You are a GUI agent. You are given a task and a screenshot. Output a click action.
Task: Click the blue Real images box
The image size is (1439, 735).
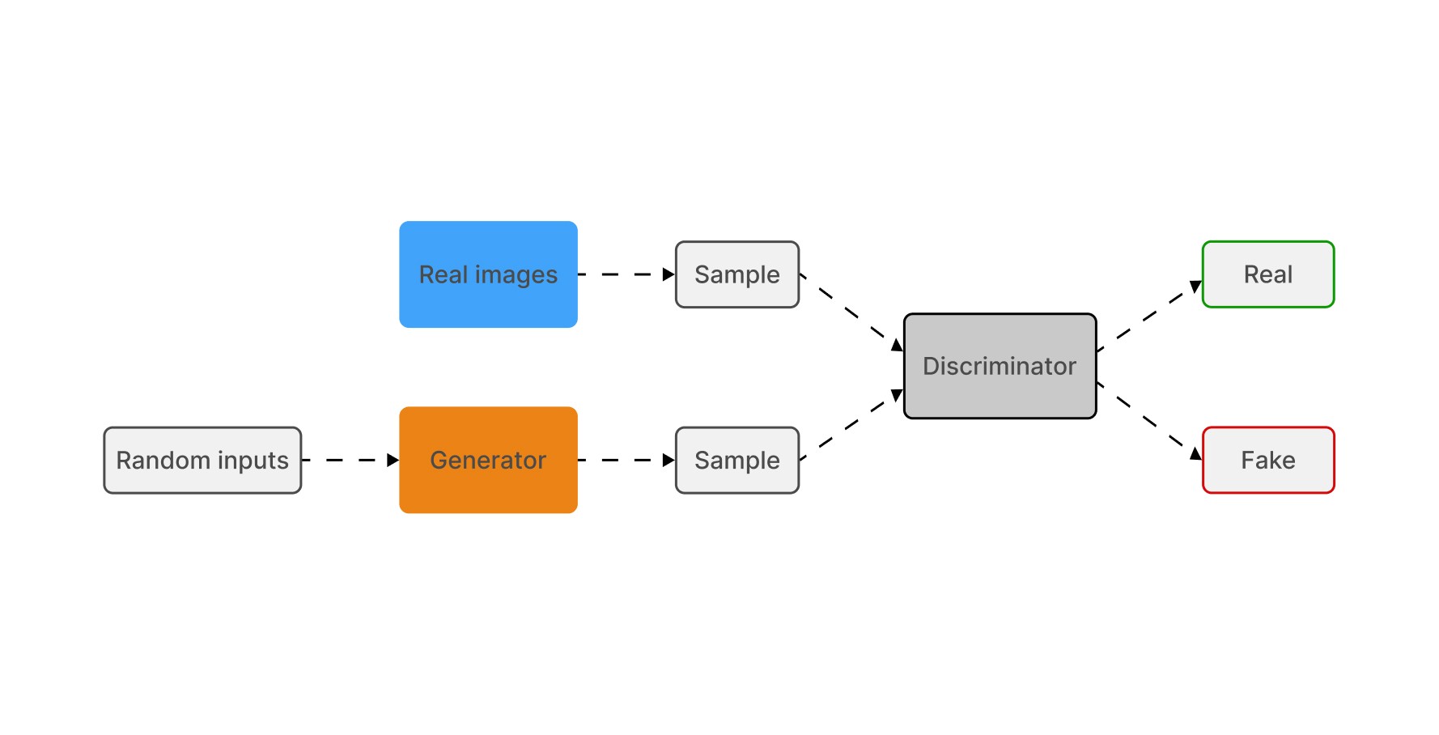point(488,274)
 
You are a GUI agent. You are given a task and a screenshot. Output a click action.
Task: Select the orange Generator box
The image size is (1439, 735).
point(488,460)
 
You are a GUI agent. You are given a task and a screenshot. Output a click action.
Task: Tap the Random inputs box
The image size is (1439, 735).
point(202,460)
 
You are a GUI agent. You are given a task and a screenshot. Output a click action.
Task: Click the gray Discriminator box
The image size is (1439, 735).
point(1000,366)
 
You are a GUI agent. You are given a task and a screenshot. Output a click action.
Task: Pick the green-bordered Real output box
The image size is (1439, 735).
point(1268,274)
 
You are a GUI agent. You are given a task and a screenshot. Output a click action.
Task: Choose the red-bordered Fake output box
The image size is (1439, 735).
point(1268,460)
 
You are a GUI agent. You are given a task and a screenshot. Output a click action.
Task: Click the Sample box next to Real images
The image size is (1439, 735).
point(737,274)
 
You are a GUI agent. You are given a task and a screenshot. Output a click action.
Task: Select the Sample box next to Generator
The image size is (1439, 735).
point(737,460)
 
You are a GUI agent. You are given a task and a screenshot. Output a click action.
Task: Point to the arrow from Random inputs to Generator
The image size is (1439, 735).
point(350,460)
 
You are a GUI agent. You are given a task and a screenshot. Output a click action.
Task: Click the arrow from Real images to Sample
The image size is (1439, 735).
point(626,274)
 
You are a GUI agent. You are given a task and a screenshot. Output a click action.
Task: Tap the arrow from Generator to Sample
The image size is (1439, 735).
point(626,460)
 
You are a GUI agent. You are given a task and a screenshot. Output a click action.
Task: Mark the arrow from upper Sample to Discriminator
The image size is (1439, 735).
point(851,312)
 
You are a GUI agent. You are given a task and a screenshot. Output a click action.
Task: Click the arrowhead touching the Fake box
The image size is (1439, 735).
point(1195,453)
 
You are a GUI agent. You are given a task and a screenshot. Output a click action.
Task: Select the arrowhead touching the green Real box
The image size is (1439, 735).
point(1195,286)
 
